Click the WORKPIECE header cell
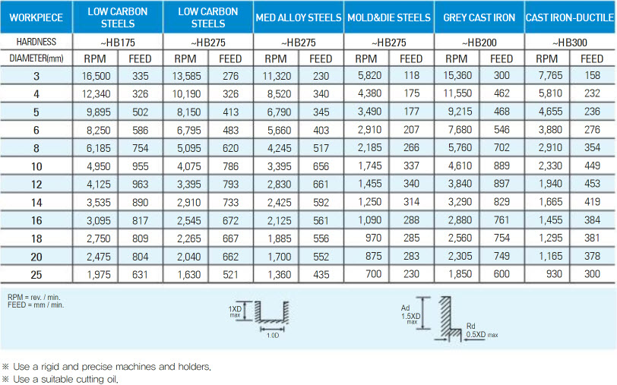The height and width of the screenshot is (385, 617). click(x=36, y=17)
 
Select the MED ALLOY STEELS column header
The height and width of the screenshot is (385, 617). click(x=299, y=17)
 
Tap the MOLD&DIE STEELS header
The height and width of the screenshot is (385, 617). click(x=388, y=17)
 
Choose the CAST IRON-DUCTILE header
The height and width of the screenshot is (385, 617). click(x=570, y=17)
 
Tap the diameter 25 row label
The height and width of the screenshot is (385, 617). click(x=36, y=273)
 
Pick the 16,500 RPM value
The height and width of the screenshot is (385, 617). click(x=96, y=74)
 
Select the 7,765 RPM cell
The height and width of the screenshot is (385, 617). click(x=547, y=74)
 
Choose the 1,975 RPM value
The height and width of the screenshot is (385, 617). click(x=96, y=273)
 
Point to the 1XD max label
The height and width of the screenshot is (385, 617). click(x=236, y=312)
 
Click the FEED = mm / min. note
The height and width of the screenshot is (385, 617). click(x=36, y=305)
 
